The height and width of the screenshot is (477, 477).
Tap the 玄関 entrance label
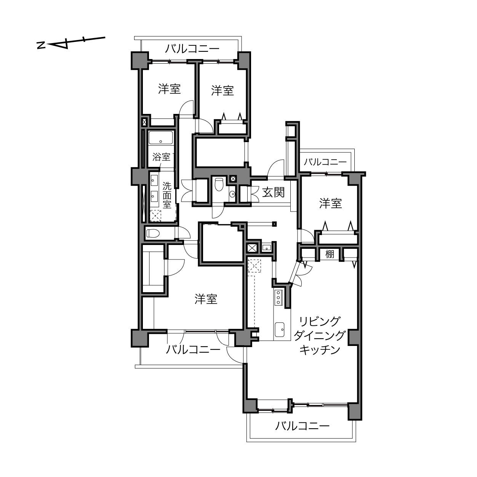click(273, 192)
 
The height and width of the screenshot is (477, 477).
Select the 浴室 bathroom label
click(161, 157)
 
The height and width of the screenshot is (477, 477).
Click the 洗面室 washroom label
click(167, 195)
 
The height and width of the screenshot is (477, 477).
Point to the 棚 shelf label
click(330, 254)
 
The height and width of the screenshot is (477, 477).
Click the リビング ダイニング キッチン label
click(319, 336)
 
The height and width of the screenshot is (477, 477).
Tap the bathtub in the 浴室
click(161, 138)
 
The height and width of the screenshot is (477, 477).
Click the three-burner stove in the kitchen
click(279, 297)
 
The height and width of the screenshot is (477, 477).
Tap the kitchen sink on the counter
click(280, 330)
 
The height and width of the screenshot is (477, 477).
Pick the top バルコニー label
click(192, 49)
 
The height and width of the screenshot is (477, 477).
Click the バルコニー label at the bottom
click(303, 426)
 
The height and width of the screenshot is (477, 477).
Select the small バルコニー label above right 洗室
click(325, 162)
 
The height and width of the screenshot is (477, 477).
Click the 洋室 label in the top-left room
click(170, 89)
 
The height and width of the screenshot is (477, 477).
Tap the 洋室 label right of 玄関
click(331, 203)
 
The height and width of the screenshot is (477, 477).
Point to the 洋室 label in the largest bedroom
click(206, 299)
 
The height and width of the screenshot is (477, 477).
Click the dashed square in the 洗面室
click(156, 216)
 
